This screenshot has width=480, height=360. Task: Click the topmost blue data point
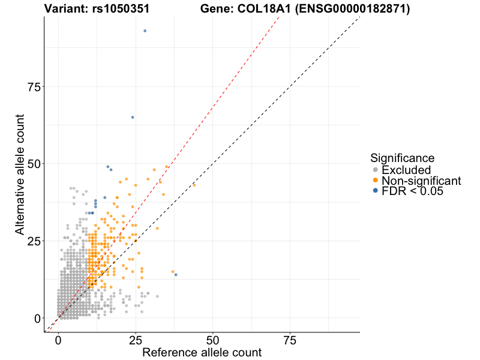tap(145, 31)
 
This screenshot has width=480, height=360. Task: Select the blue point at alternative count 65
tap(133, 117)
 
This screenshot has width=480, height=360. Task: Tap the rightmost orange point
tap(194, 185)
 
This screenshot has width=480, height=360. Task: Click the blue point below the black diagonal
tap(176, 275)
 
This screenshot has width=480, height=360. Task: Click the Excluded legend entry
tap(406, 170)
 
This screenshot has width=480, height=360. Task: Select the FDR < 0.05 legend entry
tap(411, 191)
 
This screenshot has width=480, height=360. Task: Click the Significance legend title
tap(403, 158)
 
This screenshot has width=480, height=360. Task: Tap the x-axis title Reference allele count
tap(202, 352)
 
